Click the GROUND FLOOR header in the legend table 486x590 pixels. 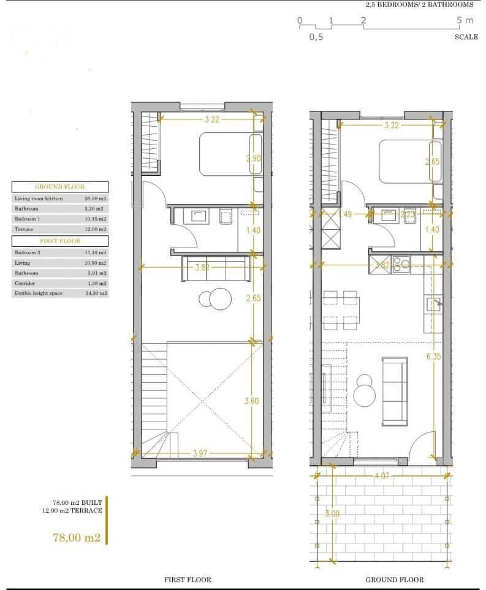click(60, 187)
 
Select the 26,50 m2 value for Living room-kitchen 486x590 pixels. click(95, 199)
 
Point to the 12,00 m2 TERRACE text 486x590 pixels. click(77, 510)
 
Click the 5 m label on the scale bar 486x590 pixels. click(465, 20)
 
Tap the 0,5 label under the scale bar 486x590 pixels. click(316, 37)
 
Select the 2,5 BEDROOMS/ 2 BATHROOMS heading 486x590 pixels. click(419, 4)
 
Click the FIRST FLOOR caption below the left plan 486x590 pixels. click(188, 579)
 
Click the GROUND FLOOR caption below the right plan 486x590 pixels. click(394, 579)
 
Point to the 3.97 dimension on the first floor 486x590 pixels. click(200, 453)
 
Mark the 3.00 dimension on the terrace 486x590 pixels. click(332, 513)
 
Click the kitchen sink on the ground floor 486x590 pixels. click(433, 304)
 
